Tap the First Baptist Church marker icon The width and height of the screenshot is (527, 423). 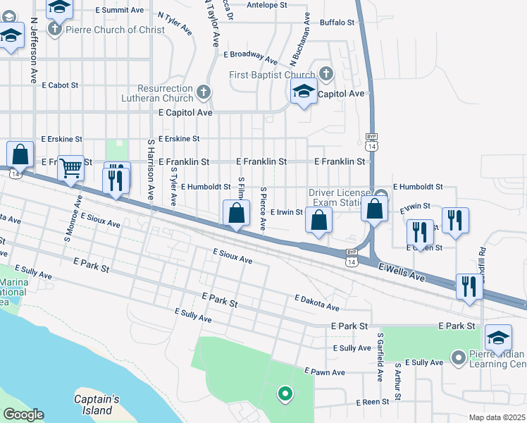(325, 73)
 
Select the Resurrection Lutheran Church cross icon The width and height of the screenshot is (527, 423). (204, 92)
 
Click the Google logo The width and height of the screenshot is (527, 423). (23, 415)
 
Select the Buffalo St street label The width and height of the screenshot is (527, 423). (337, 23)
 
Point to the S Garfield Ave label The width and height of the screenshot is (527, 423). (380, 357)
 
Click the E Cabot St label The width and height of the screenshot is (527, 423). (60, 85)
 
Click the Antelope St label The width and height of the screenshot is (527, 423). (267, 4)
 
